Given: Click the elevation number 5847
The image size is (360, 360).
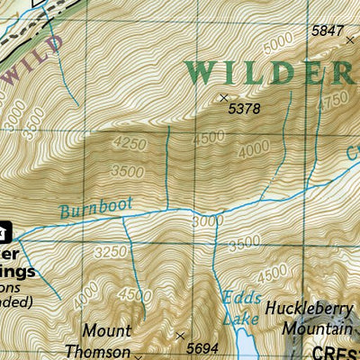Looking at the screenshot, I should coord(327,31).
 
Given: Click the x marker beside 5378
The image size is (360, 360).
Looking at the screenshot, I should coord(223,97).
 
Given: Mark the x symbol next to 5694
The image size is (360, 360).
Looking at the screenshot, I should coord(181,337).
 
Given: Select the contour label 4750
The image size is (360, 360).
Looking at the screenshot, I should coord(333,98).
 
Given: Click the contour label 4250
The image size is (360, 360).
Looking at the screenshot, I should coord(130,142).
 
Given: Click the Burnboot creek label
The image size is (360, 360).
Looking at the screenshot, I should coord(96,208).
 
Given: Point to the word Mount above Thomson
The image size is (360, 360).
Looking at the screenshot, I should coord(106,331).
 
